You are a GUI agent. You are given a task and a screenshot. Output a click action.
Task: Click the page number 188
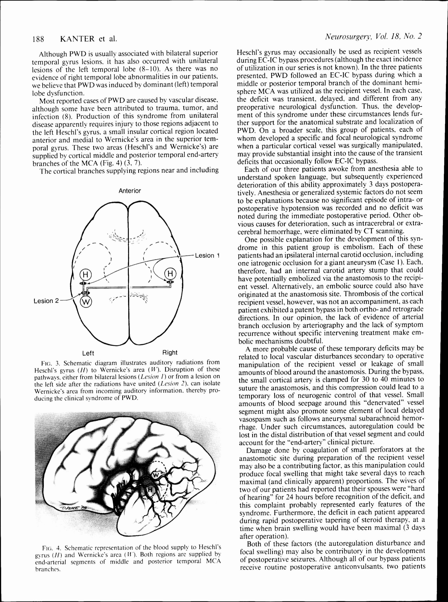tap(38, 39)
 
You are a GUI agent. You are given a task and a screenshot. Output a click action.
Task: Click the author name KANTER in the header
tap(77, 39)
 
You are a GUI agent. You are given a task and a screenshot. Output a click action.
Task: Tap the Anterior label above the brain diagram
tap(130, 191)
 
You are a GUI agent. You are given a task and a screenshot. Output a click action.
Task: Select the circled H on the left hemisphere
tap(85, 274)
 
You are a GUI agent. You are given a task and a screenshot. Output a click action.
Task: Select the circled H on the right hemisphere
tap(170, 274)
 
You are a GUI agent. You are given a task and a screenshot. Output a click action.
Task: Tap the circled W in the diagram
tap(86, 301)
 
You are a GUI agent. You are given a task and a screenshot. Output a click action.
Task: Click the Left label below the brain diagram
tap(88, 353)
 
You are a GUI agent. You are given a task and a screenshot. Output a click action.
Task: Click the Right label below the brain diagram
tap(170, 353)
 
